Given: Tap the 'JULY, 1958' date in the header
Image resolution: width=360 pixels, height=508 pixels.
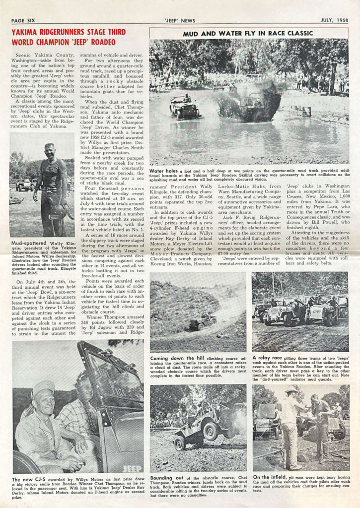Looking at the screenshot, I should pyautogui.click(x=335, y=20).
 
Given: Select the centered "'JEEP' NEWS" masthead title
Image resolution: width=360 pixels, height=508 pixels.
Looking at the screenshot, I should pyautogui.click(x=179, y=20).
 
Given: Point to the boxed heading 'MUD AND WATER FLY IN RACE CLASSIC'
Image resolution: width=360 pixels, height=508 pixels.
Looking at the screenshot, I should pyautogui.click(x=249, y=34).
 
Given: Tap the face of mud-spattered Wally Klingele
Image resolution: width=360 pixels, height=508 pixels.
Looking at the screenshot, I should pyautogui.click(x=49, y=150).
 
